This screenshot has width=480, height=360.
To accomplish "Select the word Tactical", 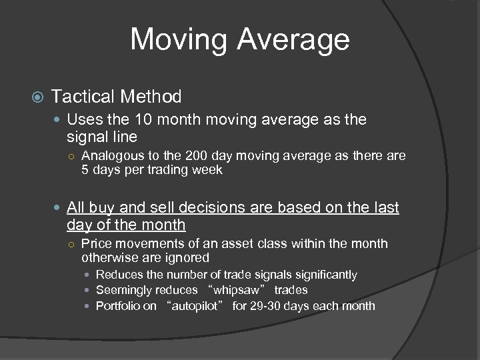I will coord(83,97).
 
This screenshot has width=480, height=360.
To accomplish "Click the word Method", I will coord(151,97).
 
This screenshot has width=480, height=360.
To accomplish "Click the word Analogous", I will coord(112,157).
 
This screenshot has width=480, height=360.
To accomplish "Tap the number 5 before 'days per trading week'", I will coord(85,170).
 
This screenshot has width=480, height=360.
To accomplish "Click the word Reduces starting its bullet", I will coord(119,275).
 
